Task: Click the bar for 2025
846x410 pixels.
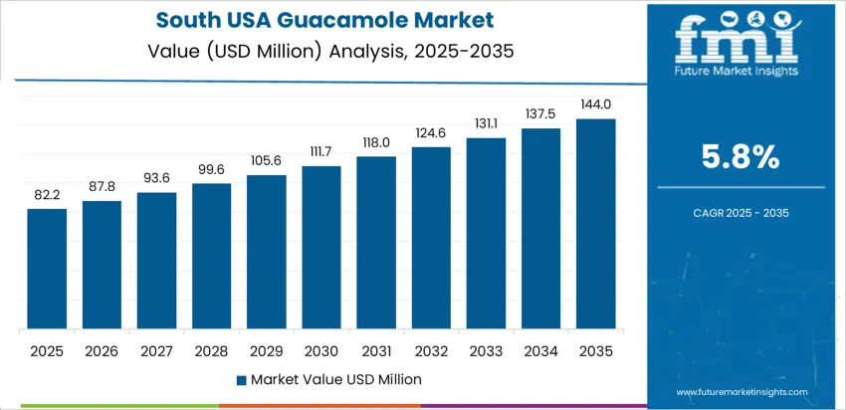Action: pyautogui.click(x=47, y=269)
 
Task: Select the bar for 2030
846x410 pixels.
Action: pyautogui.click(x=321, y=248)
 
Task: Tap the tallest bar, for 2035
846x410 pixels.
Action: pyautogui.click(x=595, y=224)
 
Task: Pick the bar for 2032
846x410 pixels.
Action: pyautogui.click(x=431, y=238)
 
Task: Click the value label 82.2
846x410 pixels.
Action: pyautogui.click(x=47, y=195)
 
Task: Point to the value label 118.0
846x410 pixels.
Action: pyautogui.click(x=376, y=142)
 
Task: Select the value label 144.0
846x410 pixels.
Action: pyautogui.click(x=595, y=104)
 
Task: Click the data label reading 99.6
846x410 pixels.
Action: pyautogui.click(x=211, y=169)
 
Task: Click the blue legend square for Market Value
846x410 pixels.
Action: pyautogui.click(x=242, y=379)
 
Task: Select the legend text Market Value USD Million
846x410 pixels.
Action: pyautogui.click(x=335, y=379)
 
